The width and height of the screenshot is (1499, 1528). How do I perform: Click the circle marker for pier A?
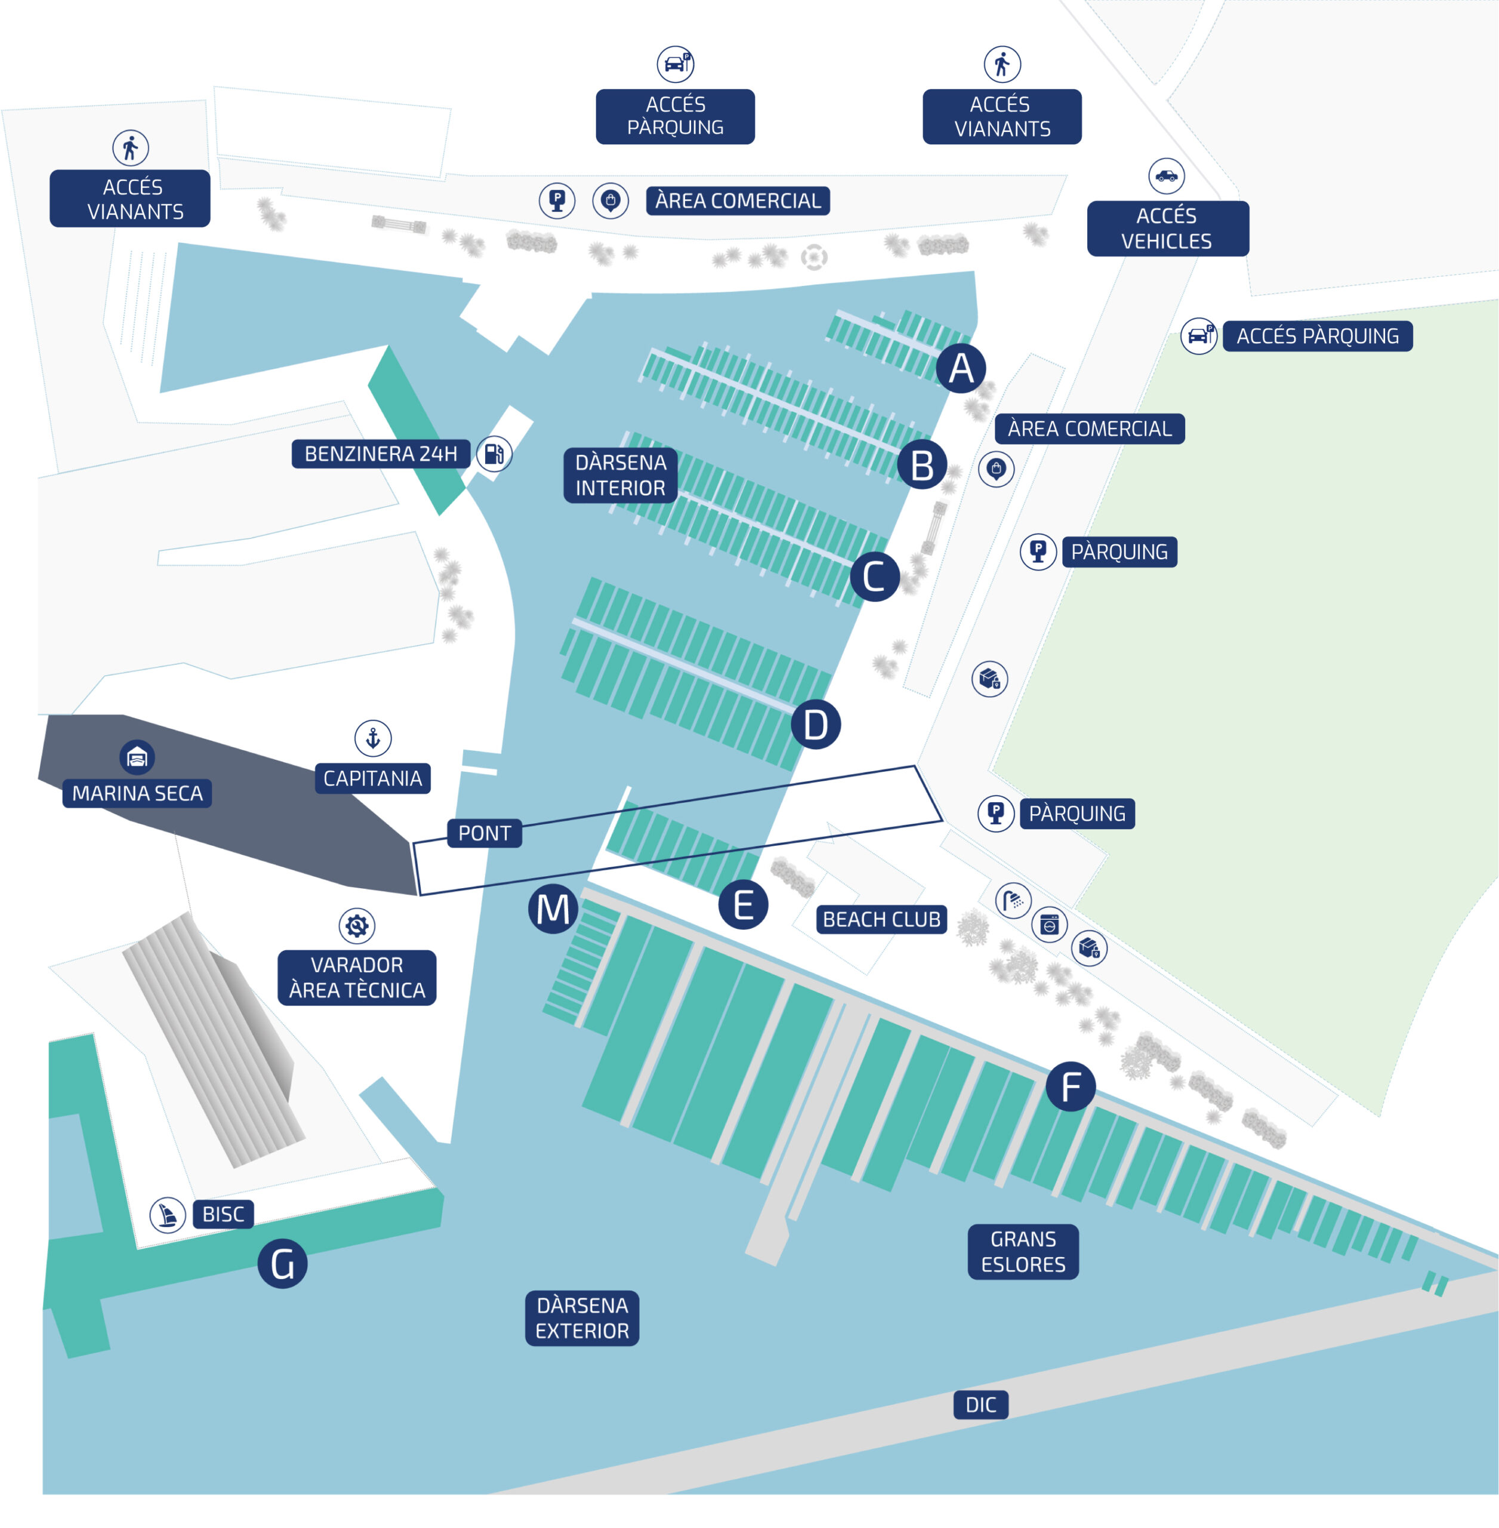point(961,368)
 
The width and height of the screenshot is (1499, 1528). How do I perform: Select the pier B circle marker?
point(922,465)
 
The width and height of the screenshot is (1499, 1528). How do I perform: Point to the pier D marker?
point(816,724)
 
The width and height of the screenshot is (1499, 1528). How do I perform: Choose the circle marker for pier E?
point(743,904)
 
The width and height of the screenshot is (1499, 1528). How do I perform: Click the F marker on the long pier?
point(1070,1086)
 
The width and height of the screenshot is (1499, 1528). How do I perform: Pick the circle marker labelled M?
point(553,909)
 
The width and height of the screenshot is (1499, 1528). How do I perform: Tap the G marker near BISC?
point(283,1264)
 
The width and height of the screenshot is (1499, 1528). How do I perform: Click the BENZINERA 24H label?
point(381,454)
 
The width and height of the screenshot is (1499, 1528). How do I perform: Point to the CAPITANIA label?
point(372,778)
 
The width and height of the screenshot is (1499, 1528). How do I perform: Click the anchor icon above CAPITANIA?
point(373,738)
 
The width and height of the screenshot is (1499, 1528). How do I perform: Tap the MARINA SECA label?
point(137,793)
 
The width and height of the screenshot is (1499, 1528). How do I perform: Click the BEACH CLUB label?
point(882,919)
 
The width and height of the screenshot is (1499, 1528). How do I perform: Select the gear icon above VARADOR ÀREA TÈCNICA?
point(357,926)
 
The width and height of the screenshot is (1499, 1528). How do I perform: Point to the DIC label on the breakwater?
point(981,1404)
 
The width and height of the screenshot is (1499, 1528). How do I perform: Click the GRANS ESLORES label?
point(1023,1252)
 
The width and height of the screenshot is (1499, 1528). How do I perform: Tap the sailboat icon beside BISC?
point(168,1215)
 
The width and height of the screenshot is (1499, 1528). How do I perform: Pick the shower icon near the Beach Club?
point(1013,899)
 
